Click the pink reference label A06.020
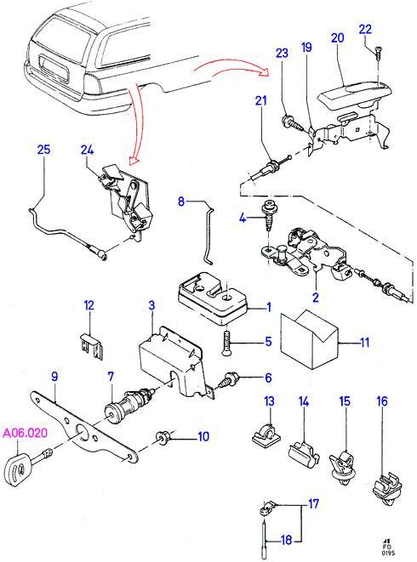tap(26, 433)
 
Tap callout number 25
tap(43, 150)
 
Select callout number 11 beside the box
tap(364, 343)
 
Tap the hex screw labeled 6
tap(229, 380)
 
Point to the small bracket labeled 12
tap(91, 346)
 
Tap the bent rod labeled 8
tap(208, 235)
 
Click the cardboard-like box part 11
tap(309, 339)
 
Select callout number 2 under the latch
tap(316, 297)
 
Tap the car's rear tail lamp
tap(93, 84)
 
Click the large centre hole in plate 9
tap(83, 432)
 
